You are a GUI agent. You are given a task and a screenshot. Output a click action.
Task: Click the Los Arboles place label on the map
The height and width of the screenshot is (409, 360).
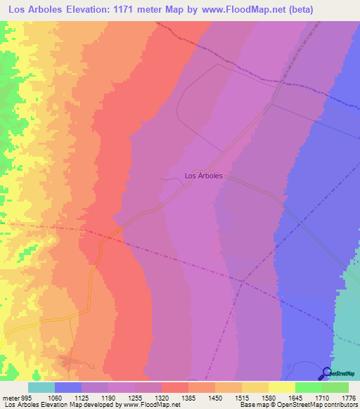click(203, 176)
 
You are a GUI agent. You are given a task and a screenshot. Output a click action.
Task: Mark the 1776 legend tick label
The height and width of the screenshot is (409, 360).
click(347, 397)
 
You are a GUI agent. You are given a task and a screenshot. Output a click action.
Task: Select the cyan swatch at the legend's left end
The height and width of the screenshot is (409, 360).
click(41, 387)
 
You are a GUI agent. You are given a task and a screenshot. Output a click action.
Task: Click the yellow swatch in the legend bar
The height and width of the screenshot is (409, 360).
click(281, 387)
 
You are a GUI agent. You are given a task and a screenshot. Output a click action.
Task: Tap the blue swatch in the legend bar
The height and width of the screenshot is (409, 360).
click(67, 387)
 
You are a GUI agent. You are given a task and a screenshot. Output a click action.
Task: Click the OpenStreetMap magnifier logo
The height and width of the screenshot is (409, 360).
click(326, 373)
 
